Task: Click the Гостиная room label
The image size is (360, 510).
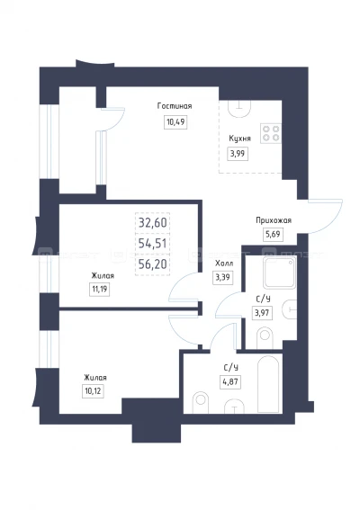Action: (175, 106)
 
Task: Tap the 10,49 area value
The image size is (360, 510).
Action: (175, 122)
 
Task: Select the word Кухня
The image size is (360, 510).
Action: (240, 139)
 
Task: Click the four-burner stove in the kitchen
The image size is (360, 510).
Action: (271, 133)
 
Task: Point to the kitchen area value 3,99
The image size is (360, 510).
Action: (238, 154)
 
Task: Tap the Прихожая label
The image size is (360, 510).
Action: (274, 220)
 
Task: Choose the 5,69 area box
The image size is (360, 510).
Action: (273, 234)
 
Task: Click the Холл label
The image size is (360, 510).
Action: (224, 264)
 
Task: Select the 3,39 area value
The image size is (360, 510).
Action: (223, 278)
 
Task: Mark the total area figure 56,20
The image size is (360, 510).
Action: (153, 264)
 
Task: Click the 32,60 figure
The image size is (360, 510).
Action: (153, 223)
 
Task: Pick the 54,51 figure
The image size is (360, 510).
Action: (153, 244)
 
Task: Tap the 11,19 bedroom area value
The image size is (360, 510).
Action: (99, 289)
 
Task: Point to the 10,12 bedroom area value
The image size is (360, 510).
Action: (93, 391)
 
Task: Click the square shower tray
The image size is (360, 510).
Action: (280, 273)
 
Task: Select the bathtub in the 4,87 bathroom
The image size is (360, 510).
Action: (268, 384)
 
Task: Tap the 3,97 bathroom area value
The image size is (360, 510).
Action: (262, 314)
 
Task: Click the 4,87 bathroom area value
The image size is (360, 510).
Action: (230, 382)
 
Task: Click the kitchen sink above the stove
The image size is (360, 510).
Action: (239, 108)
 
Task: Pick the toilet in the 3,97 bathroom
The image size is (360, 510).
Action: (265, 338)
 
